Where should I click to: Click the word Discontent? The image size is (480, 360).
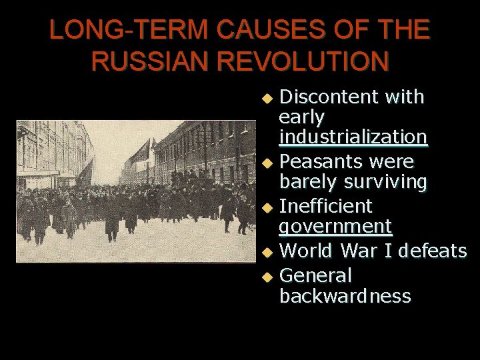327,97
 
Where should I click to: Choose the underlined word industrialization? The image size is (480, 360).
353,137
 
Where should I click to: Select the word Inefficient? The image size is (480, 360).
325,205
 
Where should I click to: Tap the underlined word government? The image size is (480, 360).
336,227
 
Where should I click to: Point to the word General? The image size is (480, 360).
315,275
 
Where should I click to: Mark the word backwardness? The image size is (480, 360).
345,295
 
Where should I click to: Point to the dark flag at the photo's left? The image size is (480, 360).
86,173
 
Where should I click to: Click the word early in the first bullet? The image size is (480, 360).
302,117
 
